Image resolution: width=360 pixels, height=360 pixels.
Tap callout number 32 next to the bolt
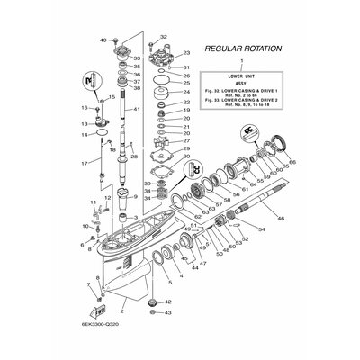164,37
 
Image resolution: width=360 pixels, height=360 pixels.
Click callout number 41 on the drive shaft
138,110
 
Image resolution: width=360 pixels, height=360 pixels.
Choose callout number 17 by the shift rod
84,163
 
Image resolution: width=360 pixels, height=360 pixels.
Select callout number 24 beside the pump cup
185,93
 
